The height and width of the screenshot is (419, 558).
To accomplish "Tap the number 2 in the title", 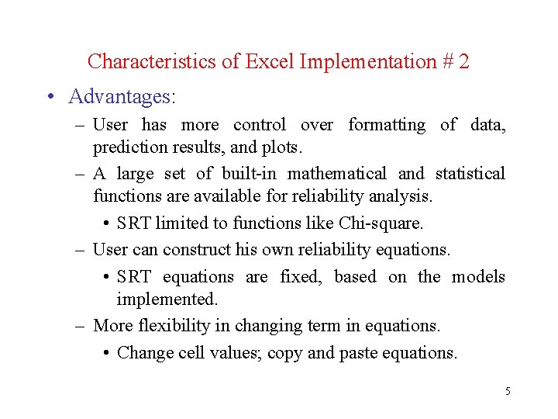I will (x=463, y=61).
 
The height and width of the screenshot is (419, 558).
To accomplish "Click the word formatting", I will (x=387, y=125).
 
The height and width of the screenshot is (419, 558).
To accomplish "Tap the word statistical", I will (x=470, y=174).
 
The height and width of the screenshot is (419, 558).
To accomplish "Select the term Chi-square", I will (x=381, y=223).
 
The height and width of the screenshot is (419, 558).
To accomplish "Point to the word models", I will (x=478, y=277).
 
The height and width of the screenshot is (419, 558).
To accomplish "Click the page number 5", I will (x=508, y=391).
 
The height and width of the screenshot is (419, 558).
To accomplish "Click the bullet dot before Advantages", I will (x=50, y=98).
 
